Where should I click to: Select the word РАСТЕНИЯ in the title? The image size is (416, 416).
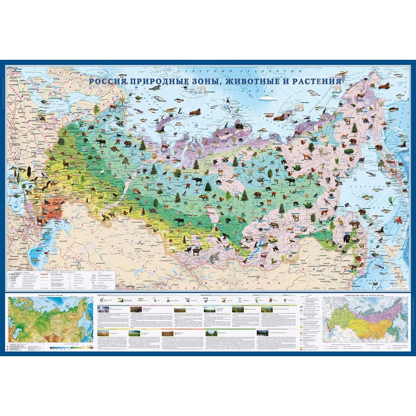click(x=317, y=82)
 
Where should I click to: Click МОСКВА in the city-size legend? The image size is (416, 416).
click(x=14, y=273)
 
